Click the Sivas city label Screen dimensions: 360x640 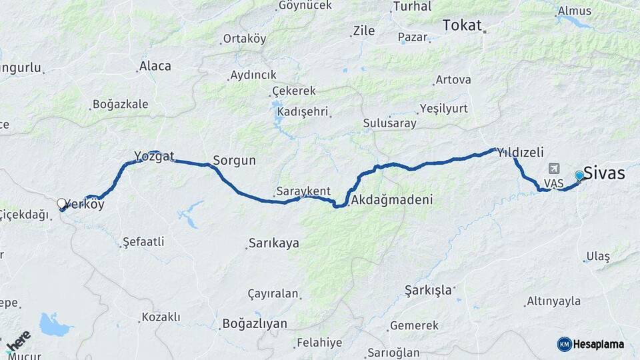(x=604, y=173)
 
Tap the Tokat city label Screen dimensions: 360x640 (x=461, y=25)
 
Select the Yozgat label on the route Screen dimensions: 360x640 (x=154, y=157)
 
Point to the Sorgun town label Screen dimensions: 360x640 (x=234, y=161)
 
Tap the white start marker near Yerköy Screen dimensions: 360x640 (x=61, y=203)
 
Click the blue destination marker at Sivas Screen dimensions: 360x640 (x=579, y=175)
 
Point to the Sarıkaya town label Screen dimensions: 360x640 (x=273, y=243)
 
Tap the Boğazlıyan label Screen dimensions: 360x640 (x=255, y=324)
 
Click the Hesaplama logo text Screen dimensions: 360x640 (x=599, y=344)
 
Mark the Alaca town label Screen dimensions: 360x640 (x=155, y=66)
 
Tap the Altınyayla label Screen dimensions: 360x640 (x=553, y=301)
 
